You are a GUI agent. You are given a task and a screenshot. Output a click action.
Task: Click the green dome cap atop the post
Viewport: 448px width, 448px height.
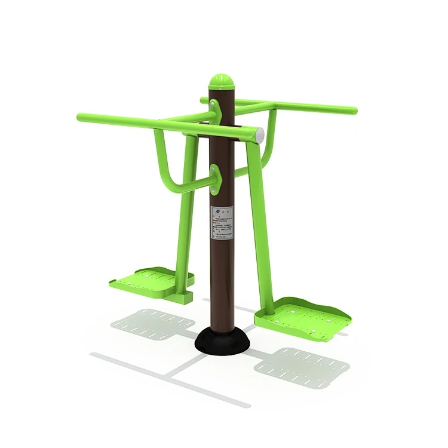(x=220, y=82)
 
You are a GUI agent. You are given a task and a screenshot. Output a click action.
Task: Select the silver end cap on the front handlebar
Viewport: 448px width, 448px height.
(x=259, y=135)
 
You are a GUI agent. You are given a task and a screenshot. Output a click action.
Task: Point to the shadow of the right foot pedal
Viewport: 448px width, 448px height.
(x=299, y=365)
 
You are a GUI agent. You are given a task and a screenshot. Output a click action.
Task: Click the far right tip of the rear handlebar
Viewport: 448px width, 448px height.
(x=353, y=111)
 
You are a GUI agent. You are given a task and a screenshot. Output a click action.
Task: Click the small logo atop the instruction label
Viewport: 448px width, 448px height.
(x=216, y=210)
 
